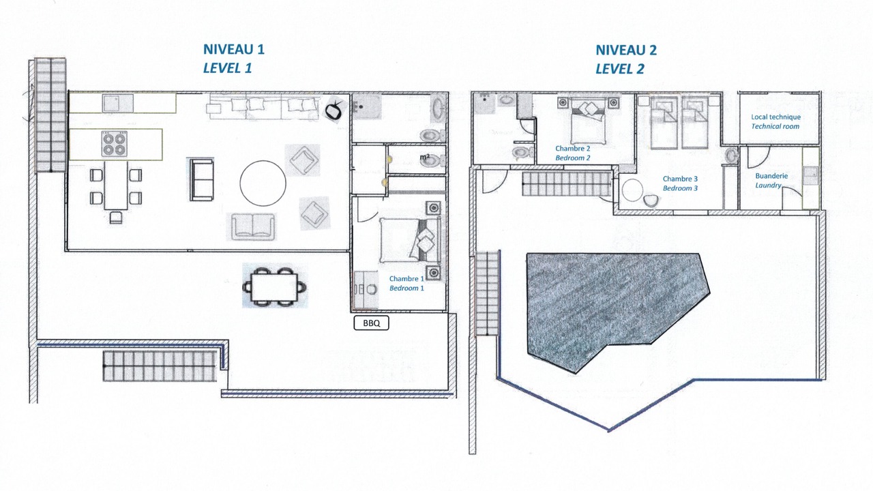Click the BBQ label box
371,323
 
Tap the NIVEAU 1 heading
234,49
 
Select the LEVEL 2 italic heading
620,69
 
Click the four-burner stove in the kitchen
114,143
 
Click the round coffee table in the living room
263,183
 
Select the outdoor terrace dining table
274,287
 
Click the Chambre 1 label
406,279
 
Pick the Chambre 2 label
572,149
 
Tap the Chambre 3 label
680,179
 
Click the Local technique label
775,117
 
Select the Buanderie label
771,176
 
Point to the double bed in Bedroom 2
588,121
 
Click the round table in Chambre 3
632,190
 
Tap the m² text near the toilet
424,158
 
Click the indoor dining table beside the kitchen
116,186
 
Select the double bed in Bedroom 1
409,239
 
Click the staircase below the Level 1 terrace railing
160,366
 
